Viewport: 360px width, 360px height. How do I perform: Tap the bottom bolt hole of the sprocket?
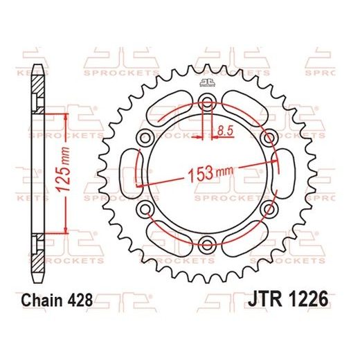point(206,242)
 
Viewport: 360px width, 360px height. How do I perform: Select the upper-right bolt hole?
point(267,138)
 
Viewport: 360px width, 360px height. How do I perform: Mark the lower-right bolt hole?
point(267,208)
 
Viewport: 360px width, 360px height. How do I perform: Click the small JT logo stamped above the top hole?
point(206,84)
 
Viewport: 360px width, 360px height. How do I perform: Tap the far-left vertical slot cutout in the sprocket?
point(128,173)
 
